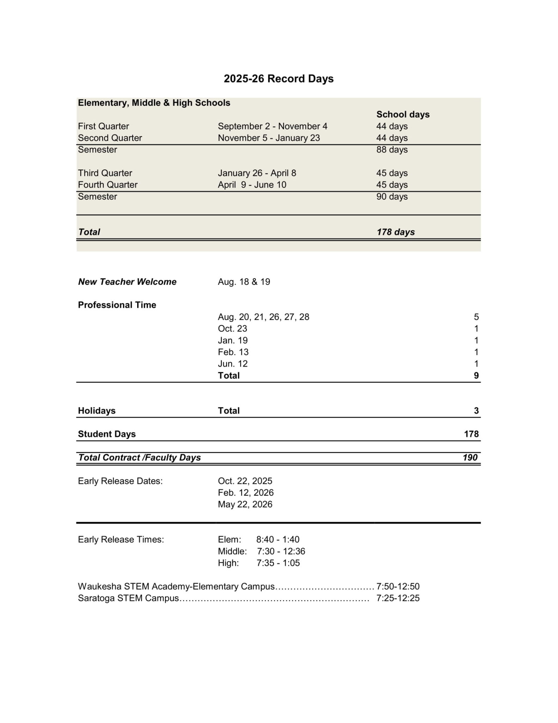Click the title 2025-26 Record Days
point(278,78)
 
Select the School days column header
point(402,114)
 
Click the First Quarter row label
point(103,126)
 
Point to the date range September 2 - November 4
point(272,126)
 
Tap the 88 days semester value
point(392,150)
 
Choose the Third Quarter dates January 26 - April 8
point(257,173)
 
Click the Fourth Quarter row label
point(108,185)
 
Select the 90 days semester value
point(392,197)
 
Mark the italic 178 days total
point(395,232)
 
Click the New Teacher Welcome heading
point(127,282)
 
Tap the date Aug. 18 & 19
point(244,282)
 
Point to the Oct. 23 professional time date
point(232,329)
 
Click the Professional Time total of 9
point(476,376)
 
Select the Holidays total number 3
point(476,411)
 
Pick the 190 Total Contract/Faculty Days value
point(470,458)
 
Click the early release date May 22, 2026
point(245,504)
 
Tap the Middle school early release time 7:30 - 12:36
point(281,551)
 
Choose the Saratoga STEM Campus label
point(128,598)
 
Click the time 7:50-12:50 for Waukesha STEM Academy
point(398,586)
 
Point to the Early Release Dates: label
point(120,481)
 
